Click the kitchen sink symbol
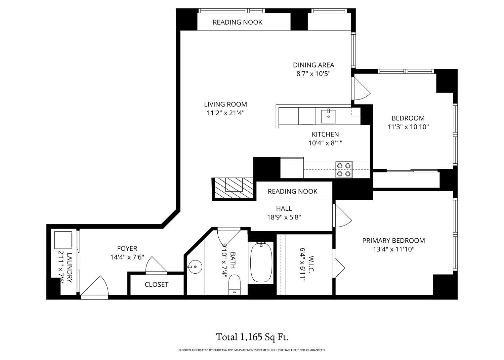click(x=328, y=116)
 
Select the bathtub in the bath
click(x=261, y=262)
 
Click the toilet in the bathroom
click(x=234, y=284)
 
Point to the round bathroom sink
click(x=195, y=267)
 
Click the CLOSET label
click(x=157, y=285)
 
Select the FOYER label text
click(x=127, y=248)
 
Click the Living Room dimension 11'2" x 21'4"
click(x=225, y=113)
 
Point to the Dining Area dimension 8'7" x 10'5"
click(x=313, y=74)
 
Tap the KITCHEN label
click(x=325, y=134)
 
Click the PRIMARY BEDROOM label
click(x=393, y=240)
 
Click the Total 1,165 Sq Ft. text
click(x=252, y=336)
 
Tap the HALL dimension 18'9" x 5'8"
click(x=284, y=217)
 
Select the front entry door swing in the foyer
click(x=96, y=287)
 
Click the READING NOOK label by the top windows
click(x=238, y=22)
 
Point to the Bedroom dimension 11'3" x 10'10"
click(x=408, y=127)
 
